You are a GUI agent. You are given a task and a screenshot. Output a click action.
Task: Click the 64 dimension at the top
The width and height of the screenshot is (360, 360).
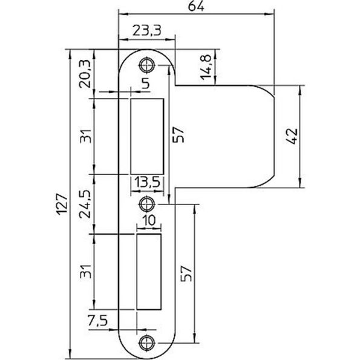(194, 7)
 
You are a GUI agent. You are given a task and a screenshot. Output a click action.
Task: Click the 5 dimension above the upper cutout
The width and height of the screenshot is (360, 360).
(146, 85)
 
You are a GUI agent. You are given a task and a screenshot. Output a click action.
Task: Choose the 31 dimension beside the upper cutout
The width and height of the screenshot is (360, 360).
(86, 137)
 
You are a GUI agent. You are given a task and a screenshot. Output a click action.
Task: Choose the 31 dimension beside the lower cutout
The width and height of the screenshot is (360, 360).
(86, 271)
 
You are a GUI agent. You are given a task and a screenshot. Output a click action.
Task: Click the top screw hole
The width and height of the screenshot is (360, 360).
(146, 65)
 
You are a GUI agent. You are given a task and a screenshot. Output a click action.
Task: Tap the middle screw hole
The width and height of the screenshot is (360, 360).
(146, 202)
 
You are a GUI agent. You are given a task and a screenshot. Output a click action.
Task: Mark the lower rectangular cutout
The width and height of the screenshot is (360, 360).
(150, 272)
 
